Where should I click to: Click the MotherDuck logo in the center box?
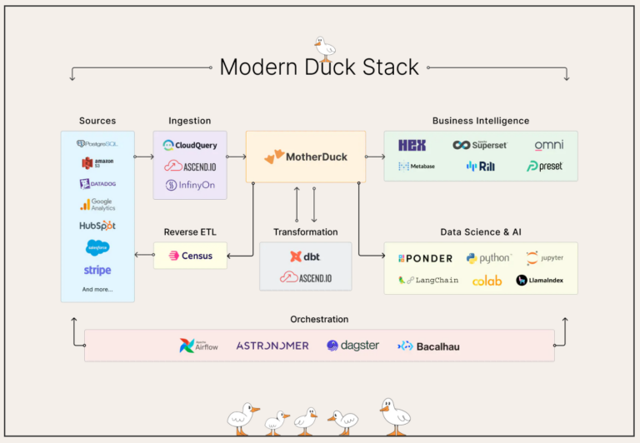(x=305, y=157)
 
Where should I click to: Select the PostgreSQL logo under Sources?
(x=97, y=144)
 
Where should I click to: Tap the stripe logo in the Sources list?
(x=97, y=270)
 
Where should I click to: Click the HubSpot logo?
(x=97, y=226)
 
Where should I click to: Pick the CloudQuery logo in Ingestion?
(x=190, y=145)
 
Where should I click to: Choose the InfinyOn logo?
(x=190, y=185)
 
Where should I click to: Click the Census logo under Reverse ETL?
(x=191, y=256)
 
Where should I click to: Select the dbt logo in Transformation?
(x=305, y=256)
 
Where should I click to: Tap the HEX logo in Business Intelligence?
(x=412, y=145)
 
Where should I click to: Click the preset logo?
(x=545, y=167)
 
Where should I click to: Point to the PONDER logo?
(x=425, y=258)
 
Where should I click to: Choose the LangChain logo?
(x=428, y=281)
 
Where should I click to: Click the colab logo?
(x=487, y=281)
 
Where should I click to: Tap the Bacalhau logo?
(x=428, y=346)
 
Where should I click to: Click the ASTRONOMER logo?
(x=272, y=346)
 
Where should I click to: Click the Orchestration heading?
(x=319, y=319)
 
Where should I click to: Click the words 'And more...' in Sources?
(x=97, y=290)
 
